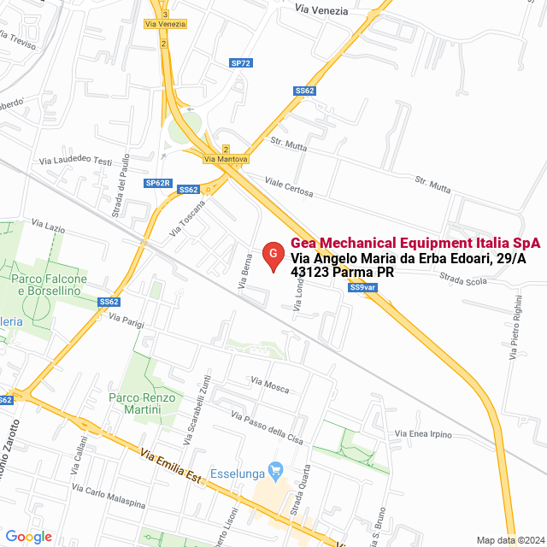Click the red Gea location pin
(x=272, y=256)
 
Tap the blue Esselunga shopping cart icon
(x=275, y=470)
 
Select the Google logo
(x=28, y=536)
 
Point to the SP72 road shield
(x=241, y=63)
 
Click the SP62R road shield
(x=158, y=183)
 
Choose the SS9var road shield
(x=363, y=287)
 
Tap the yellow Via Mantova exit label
(x=226, y=159)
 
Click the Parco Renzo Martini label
(x=142, y=403)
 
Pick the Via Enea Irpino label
(x=422, y=434)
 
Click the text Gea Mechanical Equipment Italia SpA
(x=415, y=243)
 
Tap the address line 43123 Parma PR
(x=342, y=273)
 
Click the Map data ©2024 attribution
(x=509, y=539)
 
